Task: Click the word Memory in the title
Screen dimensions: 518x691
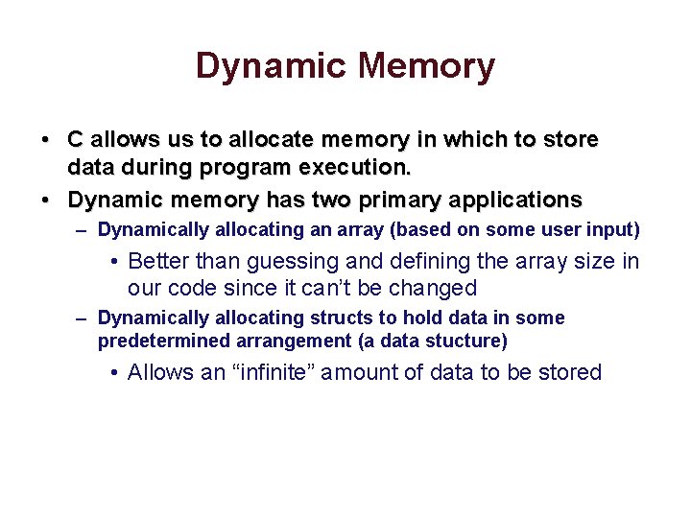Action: pos(426,67)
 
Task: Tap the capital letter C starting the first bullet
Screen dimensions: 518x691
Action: pos(76,140)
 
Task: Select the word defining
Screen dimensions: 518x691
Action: pos(424,261)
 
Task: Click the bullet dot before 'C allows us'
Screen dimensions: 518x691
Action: pos(46,140)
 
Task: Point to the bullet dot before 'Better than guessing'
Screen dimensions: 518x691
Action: pos(113,262)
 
